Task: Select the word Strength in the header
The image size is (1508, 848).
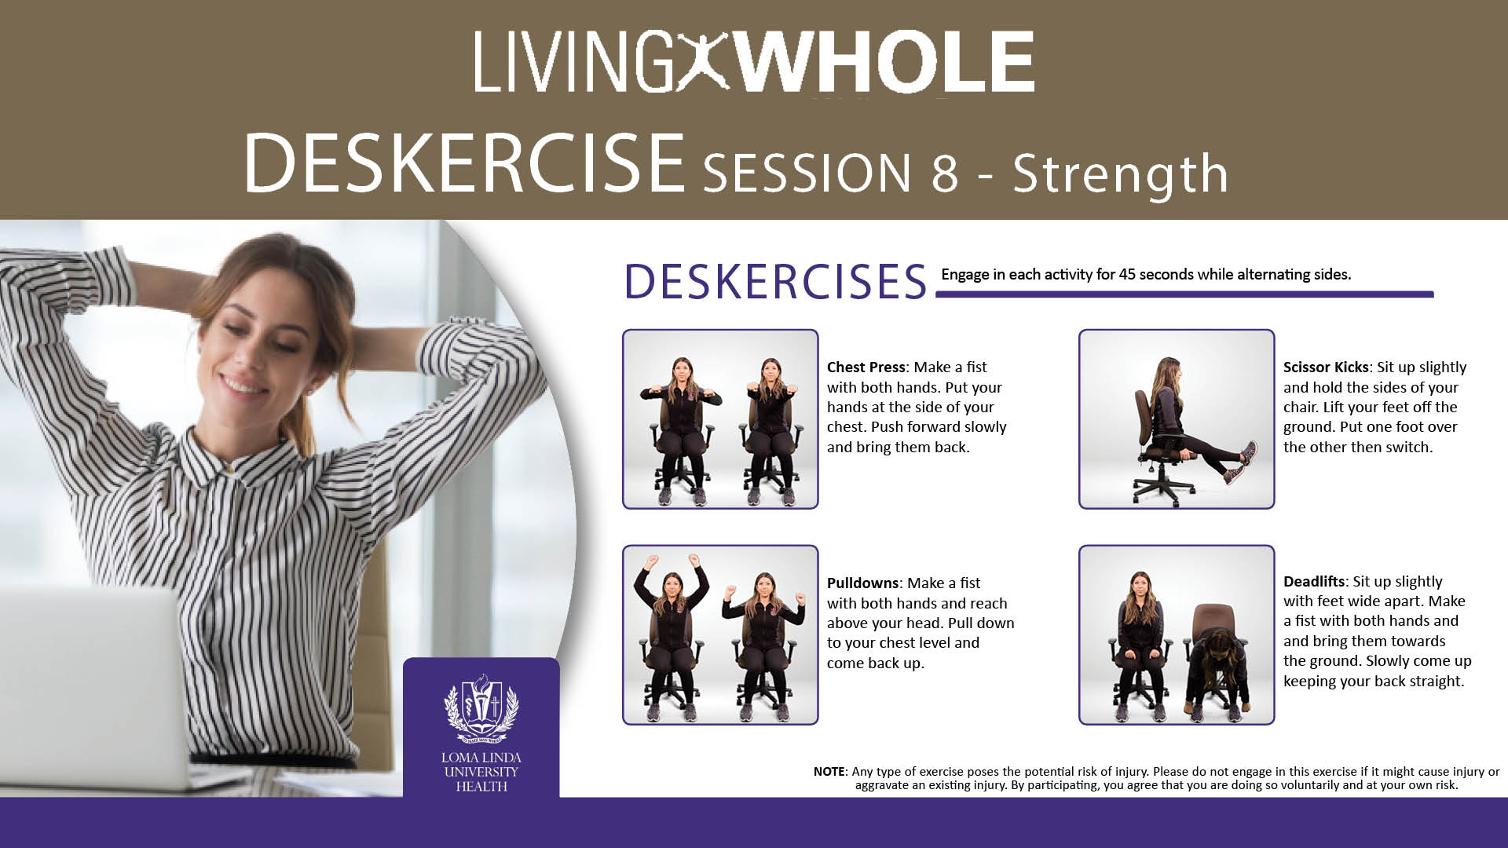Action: pyautogui.click(x=1120, y=173)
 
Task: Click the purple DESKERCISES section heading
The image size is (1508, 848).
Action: pyautogui.click(x=776, y=281)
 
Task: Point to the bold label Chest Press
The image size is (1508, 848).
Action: pyautogui.click(x=866, y=367)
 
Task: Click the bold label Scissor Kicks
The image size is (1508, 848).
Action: pyautogui.click(x=1326, y=367)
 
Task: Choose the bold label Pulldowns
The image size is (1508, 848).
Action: pyautogui.click(x=862, y=583)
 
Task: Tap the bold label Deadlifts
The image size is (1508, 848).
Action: pyautogui.click(x=1314, y=582)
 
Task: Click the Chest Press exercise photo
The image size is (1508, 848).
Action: pyautogui.click(x=720, y=419)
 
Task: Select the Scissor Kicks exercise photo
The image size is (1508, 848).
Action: pyautogui.click(x=1177, y=419)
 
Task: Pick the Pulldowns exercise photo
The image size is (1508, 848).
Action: pyautogui.click(x=720, y=634)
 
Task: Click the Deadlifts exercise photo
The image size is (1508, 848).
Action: pyautogui.click(x=1177, y=634)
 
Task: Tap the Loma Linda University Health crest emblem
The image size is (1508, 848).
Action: pyautogui.click(x=481, y=709)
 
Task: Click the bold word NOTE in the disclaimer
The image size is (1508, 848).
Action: pyautogui.click(x=829, y=772)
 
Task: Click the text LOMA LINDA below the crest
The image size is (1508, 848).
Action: pyautogui.click(x=481, y=758)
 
